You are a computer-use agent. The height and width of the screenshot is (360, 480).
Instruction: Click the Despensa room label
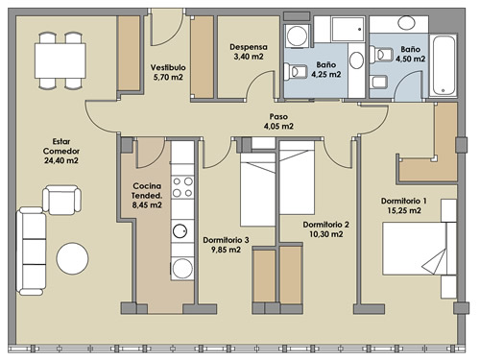(249, 47)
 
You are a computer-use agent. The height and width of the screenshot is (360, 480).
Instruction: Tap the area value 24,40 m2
(61, 160)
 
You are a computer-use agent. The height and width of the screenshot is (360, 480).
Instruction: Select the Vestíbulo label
(168, 67)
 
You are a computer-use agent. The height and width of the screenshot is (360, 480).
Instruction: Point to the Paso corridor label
(278, 116)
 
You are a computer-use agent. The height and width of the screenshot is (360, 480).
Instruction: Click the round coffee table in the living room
(72, 258)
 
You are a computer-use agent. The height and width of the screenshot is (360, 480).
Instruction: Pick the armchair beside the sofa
(61, 200)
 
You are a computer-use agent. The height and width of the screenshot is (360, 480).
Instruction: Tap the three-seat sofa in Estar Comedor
(31, 251)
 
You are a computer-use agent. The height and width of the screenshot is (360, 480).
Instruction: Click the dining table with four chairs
(60, 60)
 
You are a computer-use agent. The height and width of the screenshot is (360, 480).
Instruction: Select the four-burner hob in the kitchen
(182, 187)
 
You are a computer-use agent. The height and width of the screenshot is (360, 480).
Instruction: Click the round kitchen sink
(180, 231)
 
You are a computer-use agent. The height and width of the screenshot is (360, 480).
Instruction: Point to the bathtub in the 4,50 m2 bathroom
(443, 66)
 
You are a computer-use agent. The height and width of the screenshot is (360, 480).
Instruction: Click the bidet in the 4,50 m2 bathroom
(379, 82)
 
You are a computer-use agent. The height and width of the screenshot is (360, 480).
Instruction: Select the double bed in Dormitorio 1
(420, 249)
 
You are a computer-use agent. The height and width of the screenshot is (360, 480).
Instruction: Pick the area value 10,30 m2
(325, 234)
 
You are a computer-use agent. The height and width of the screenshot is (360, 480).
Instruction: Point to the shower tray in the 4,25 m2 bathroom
(348, 30)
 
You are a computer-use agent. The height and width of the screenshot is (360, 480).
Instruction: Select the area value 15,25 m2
(404, 210)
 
